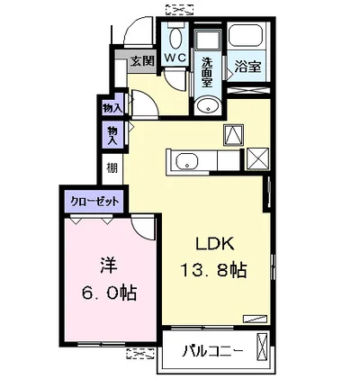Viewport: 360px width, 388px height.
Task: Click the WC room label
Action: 175,58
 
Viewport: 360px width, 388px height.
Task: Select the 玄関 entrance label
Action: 142,61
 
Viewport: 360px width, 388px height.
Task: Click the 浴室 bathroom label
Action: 247,67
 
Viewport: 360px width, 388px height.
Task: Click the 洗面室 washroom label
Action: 207,72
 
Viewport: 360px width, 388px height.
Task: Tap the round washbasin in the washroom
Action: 207,106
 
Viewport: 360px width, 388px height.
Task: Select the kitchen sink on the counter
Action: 187,162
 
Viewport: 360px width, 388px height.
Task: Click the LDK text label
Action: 215,245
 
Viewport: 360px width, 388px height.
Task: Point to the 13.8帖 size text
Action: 213,270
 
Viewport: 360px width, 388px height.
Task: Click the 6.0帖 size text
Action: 110,293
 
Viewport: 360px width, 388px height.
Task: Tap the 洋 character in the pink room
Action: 109,266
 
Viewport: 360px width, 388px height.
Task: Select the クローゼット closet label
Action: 94,201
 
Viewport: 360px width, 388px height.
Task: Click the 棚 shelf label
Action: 112,168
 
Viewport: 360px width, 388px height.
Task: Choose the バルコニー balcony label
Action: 212,350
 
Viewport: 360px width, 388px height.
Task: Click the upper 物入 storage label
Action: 112,108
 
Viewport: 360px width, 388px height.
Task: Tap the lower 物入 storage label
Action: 112,135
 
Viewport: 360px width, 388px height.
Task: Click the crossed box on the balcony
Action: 262,346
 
